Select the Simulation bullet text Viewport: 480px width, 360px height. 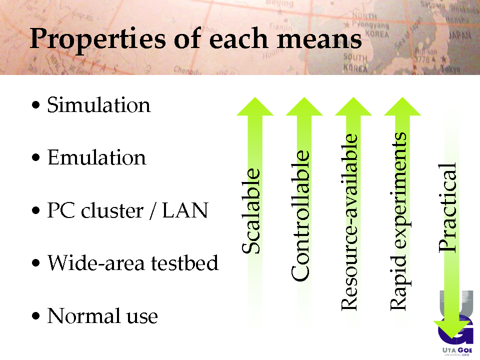tap(98, 104)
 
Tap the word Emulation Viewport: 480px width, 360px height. tap(96, 157)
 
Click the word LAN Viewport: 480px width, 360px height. tap(185, 210)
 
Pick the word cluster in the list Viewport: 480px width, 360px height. tap(112, 210)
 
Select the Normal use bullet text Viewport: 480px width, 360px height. tap(102, 315)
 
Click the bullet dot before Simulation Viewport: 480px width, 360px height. tap(36, 105)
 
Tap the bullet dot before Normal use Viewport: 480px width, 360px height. tap(36, 315)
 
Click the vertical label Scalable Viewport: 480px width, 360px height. tap(251, 211)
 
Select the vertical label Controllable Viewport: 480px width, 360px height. tap(300, 215)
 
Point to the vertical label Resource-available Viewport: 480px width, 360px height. tap(349, 222)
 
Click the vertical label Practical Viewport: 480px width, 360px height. tap(447, 207)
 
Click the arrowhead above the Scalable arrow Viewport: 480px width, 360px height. tap(255, 106)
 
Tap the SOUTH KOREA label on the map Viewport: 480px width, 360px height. tap(355, 62)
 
